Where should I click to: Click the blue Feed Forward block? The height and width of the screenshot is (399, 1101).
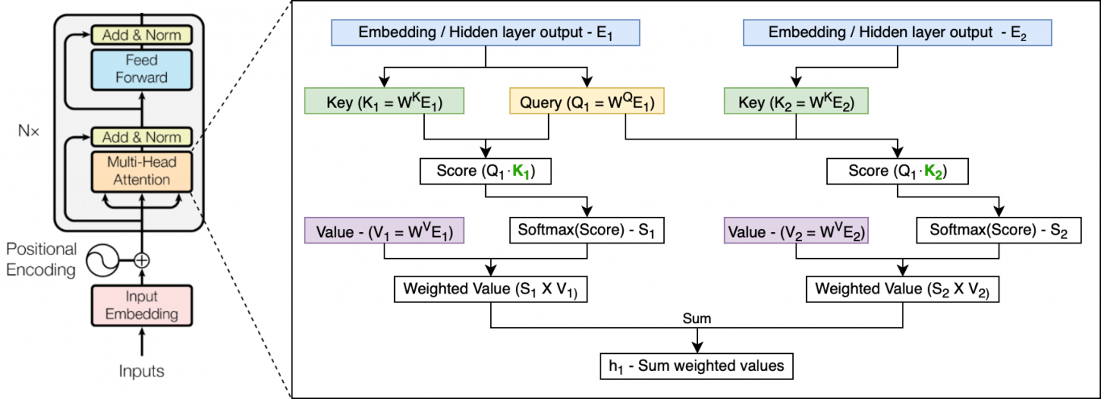click(142, 69)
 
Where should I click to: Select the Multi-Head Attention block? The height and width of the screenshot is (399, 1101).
click(142, 170)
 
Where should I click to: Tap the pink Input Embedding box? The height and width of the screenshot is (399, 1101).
click(142, 305)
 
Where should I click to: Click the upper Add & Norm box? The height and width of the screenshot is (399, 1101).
click(142, 35)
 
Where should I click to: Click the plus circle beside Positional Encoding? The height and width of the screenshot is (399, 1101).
click(143, 260)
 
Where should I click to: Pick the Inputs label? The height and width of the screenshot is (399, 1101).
click(142, 372)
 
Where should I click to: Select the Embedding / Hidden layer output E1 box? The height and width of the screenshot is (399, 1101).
click(485, 33)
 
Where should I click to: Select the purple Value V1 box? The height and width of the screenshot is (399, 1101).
click(384, 231)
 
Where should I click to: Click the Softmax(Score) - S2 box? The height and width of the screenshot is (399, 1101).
click(998, 231)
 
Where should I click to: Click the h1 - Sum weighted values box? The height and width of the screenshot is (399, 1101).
click(696, 365)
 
